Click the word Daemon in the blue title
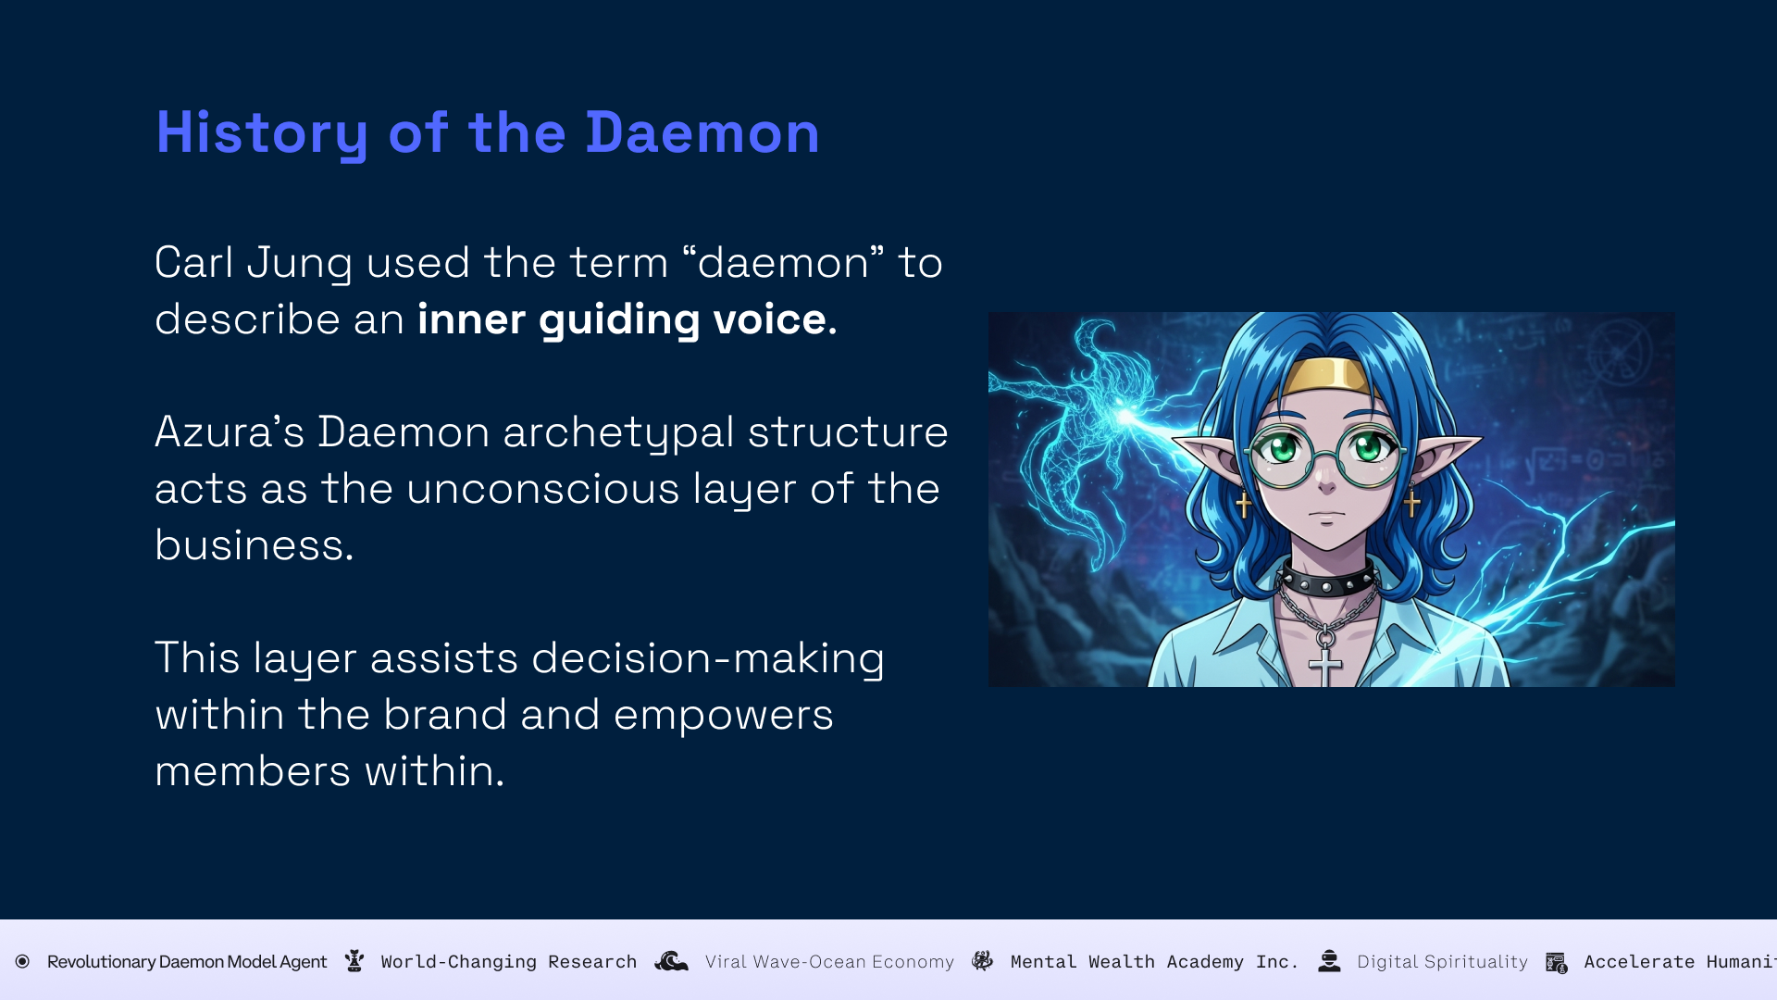point(702,132)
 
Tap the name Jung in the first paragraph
point(300,264)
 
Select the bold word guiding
point(619,320)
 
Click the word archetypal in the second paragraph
point(618,433)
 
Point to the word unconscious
point(543,488)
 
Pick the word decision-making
point(708,659)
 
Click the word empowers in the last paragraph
point(723,716)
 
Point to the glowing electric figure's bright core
point(1126,417)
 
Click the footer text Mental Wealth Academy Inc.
point(1154,962)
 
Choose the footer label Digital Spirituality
point(1442,962)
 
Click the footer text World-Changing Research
point(509,962)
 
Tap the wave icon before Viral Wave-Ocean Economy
point(672,961)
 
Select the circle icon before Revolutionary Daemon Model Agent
point(22,961)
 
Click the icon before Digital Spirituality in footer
point(1329,961)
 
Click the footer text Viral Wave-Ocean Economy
point(829,962)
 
